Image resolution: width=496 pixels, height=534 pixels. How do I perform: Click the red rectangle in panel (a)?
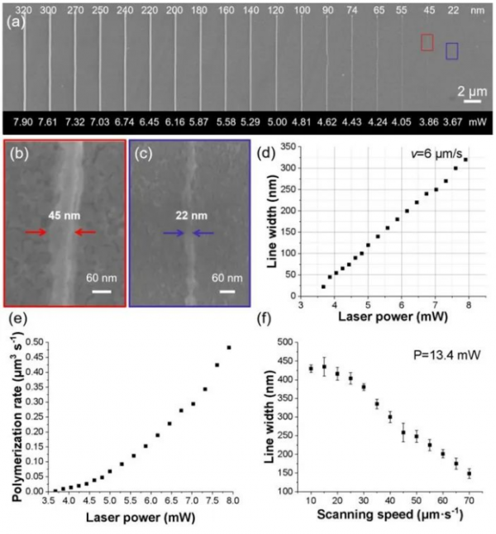pyautogui.click(x=427, y=42)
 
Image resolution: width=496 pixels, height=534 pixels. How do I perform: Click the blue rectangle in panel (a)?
pyautogui.click(x=451, y=50)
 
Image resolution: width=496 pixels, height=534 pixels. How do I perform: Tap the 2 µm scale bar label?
pyautogui.click(x=472, y=90)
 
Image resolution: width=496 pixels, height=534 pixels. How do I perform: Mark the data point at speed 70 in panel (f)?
pyautogui.click(x=469, y=474)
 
